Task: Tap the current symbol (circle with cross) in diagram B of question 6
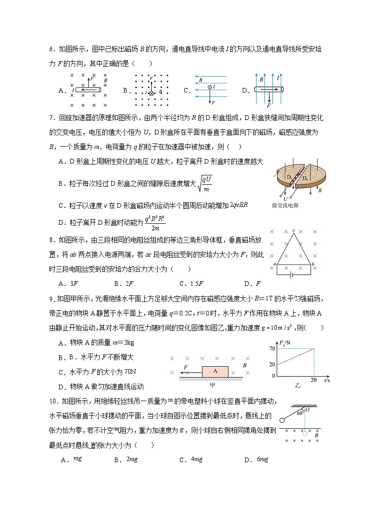pyautogui.click(x=151, y=94)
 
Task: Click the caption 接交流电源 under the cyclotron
pyautogui.click(x=285, y=205)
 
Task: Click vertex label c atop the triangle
pyautogui.click(x=294, y=230)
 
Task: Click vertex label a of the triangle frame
pyautogui.click(x=274, y=264)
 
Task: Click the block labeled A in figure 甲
pyautogui.click(x=215, y=371)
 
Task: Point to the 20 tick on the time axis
pyautogui.click(x=313, y=380)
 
